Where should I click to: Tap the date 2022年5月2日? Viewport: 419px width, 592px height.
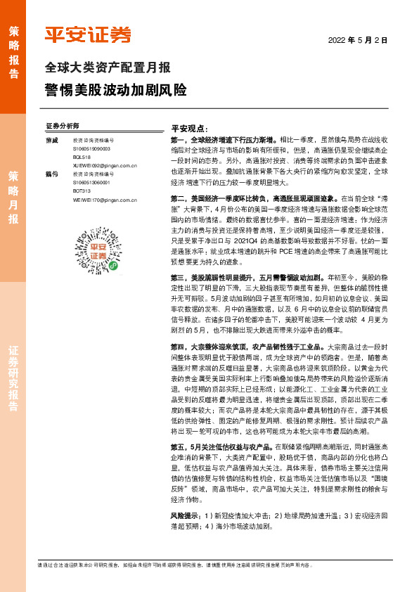point(358,40)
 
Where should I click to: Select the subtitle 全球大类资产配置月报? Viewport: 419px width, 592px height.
point(108,68)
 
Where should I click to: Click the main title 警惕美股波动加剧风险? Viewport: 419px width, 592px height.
point(116,91)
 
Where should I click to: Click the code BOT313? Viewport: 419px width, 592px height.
point(82,190)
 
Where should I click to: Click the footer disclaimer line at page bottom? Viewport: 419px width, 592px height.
point(211,564)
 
